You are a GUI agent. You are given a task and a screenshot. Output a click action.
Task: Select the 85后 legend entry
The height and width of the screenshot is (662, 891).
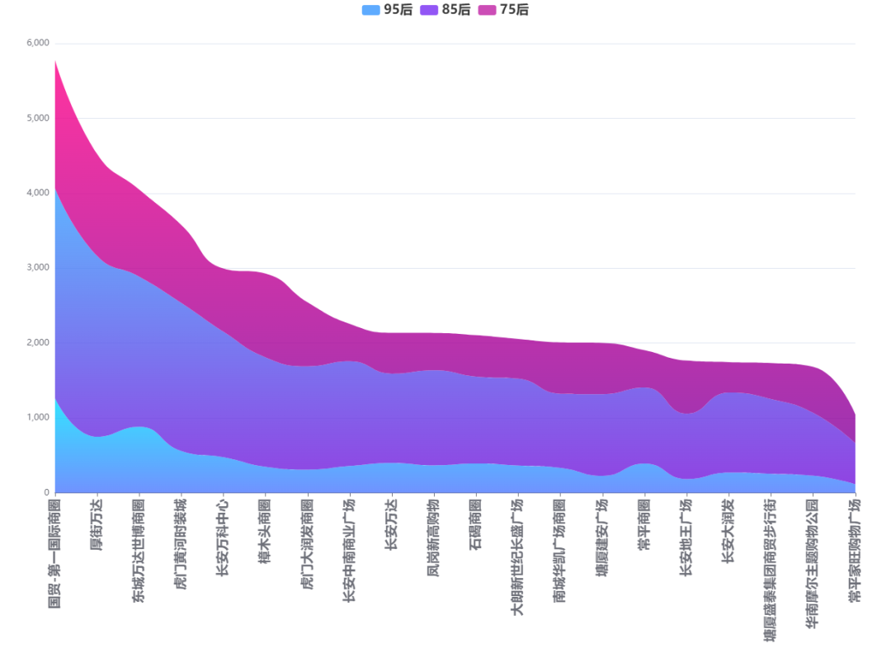(x=445, y=10)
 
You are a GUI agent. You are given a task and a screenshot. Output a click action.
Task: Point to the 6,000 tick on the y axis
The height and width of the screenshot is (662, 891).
(x=37, y=43)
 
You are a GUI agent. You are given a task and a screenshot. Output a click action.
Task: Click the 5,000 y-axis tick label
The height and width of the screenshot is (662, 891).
(x=37, y=118)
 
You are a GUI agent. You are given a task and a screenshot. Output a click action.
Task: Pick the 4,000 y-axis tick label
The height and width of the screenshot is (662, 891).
(x=37, y=193)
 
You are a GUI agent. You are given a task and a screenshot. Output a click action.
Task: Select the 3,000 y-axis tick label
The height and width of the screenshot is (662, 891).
(x=37, y=268)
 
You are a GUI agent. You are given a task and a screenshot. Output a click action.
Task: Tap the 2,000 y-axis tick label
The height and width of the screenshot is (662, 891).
(x=37, y=343)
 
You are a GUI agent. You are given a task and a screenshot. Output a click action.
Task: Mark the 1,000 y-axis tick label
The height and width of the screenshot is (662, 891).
(x=37, y=418)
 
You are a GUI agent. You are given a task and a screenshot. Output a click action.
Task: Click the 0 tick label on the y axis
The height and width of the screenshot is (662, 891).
(x=46, y=493)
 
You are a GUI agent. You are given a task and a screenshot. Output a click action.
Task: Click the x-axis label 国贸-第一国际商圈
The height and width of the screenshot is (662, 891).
(x=54, y=552)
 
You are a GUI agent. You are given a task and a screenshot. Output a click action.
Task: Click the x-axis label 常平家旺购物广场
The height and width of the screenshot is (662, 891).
(x=855, y=551)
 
